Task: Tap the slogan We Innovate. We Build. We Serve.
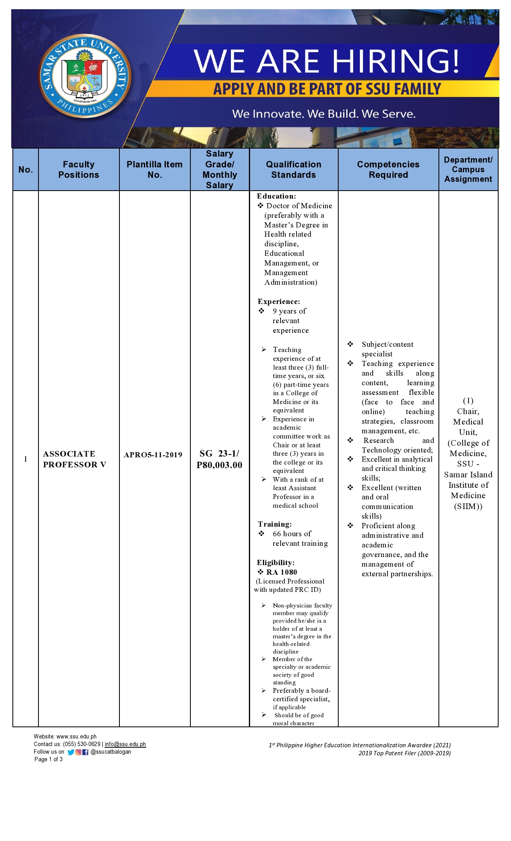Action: point(323,114)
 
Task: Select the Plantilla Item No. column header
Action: point(154,169)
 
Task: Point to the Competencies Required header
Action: point(388,169)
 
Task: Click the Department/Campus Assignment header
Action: point(468,169)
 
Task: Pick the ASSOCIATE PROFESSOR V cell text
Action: point(75,459)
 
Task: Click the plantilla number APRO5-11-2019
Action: point(153,455)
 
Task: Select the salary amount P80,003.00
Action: point(220,465)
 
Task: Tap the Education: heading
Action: point(277,196)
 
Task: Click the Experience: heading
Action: point(279,302)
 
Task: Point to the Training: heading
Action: point(275,524)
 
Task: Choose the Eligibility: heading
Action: point(276,563)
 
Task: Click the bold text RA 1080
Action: point(282,572)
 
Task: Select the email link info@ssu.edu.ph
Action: point(125,744)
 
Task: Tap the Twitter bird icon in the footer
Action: point(71,752)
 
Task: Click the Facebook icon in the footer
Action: point(85,752)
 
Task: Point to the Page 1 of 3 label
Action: point(48,759)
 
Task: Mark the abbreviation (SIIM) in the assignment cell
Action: point(468,507)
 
